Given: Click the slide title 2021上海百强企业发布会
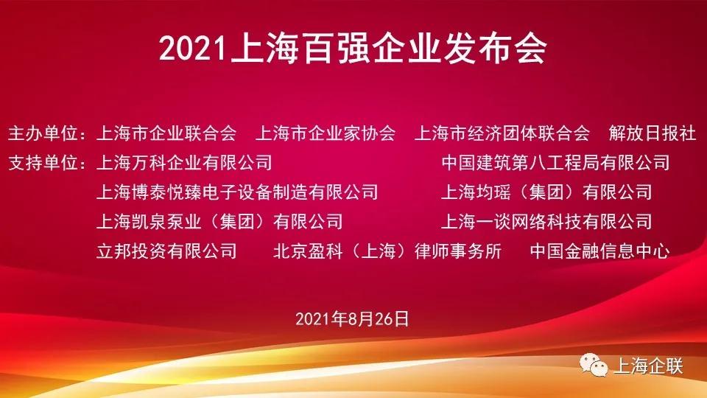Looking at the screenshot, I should point(353,49).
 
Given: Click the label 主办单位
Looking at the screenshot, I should point(46,133).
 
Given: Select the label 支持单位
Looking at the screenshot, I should point(46,162).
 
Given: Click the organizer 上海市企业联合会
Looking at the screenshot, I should point(167,133).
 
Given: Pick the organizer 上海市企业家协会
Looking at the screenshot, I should point(326,133).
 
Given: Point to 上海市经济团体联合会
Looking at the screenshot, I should point(503,133).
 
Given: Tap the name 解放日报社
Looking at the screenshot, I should point(653,133).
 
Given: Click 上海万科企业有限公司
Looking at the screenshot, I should point(185,162).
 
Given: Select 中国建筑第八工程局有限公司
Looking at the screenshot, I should point(555,162).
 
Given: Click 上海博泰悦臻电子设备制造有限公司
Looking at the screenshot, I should point(238,192).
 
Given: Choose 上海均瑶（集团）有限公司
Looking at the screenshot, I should point(546,192).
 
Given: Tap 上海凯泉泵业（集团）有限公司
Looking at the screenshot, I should point(220,221).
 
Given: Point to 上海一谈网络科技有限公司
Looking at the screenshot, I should point(546,221).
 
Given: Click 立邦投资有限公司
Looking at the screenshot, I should point(167,251).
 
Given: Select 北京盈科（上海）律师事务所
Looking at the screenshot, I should point(387,251).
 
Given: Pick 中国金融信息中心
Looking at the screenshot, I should point(599,251).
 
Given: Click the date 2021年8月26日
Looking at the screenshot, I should point(353,319).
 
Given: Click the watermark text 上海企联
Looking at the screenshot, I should point(648,366).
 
